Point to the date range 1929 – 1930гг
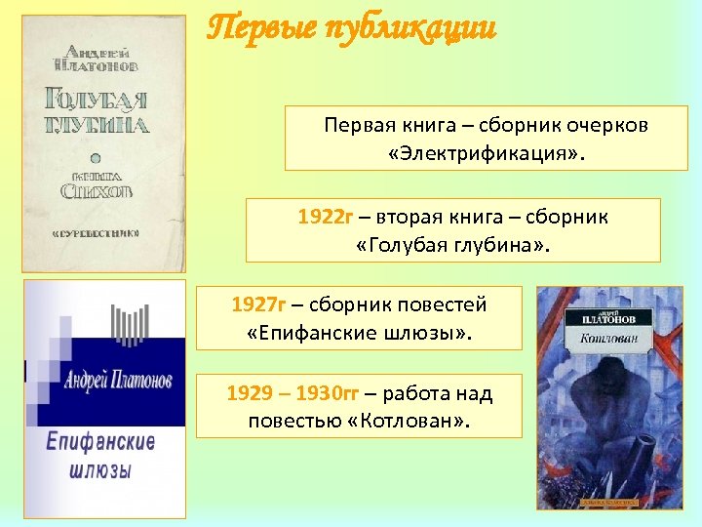pos(292,393)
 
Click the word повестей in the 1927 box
pos(438,304)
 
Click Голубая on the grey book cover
pos(96,101)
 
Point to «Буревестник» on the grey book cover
pos(96,233)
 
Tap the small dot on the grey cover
pos(96,156)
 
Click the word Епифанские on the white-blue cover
pos(101,441)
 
